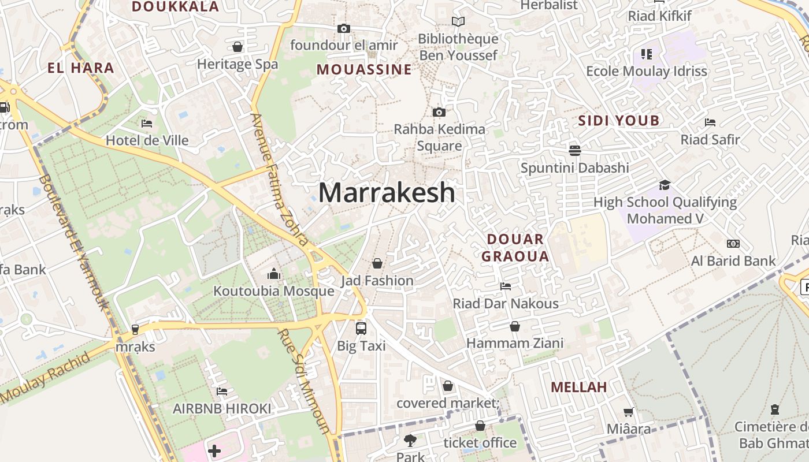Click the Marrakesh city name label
pyautogui.click(x=387, y=192)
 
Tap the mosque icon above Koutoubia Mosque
pyautogui.click(x=274, y=274)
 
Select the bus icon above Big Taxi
pyautogui.click(x=361, y=329)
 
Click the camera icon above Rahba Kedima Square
pyautogui.click(x=439, y=112)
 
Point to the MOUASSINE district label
pyautogui.click(x=365, y=70)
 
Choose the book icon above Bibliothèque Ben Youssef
pyautogui.click(x=458, y=22)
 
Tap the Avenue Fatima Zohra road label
pyautogui.click(x=280, y=179)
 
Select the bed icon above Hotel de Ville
pyautogui.click(x=147, y=123)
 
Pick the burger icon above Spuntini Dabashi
pyautogui.click(x=574, y=151)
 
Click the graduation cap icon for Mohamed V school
pyautogui.click(x=665, y=185)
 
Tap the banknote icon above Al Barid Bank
pyautogui.click(x=733, y=244)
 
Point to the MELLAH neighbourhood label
pyautogui.click(x=579, y=388)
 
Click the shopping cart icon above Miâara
pyautogui.click(x=629, y=412)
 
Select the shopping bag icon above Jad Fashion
pyautogui.click(x=377, y=263)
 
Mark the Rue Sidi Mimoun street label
pyautogui.click(x=304, y=381)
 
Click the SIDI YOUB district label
pyautogui.click(x=619, y=121)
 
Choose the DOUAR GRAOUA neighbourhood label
pyautogui.click(x=515, y=248)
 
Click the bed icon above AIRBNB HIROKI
pyautogui.click(x=222, y=392)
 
